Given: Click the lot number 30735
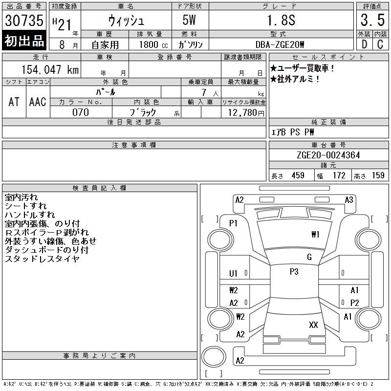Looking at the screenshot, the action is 24,21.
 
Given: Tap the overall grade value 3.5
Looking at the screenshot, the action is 372,20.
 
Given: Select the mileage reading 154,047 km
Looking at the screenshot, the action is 50,70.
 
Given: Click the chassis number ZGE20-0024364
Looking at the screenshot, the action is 328,155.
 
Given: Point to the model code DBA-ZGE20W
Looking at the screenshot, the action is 280,44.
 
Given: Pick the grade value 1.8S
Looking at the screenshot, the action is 281,20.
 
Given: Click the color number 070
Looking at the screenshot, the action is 81,112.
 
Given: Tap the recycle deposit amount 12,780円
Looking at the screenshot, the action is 246,113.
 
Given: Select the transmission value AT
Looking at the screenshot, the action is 14,102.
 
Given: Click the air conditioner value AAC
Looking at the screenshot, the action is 38,102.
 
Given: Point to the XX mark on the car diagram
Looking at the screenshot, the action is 313,325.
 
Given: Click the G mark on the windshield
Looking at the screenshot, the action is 309,257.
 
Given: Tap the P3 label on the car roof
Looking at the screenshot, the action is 294,272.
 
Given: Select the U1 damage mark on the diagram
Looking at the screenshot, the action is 233,274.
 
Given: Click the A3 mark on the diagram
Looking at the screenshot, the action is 349,200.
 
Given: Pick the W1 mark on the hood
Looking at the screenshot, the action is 315,235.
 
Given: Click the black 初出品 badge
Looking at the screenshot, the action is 24,41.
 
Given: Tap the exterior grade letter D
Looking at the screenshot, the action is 364,44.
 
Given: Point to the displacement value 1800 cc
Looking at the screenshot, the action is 153,44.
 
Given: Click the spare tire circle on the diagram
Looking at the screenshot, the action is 214,357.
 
